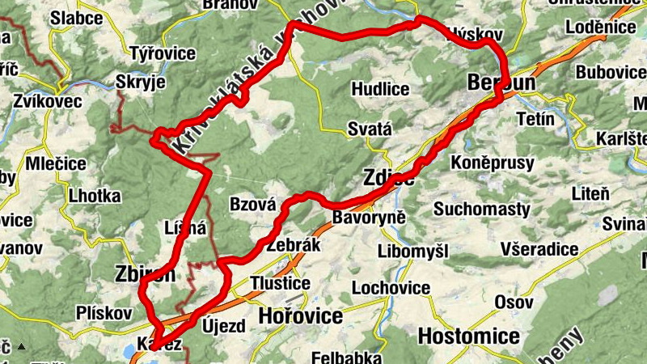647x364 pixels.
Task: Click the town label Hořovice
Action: [300, 316]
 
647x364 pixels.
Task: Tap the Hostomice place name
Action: [469, 335]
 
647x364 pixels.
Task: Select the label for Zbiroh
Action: [145, 276]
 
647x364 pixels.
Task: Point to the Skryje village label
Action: [141, 83]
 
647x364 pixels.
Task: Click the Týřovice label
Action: [163, 54]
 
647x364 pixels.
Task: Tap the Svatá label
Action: [369, 129]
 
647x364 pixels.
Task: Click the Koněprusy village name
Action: [493, 163]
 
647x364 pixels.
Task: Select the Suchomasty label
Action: [481, 210]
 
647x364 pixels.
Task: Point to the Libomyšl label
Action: [412, 252]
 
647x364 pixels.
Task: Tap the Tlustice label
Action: [281, 283]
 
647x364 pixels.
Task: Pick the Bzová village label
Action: [253, 205]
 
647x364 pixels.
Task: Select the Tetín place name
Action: [535, 120]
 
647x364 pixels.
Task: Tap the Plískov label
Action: [104, 312]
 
